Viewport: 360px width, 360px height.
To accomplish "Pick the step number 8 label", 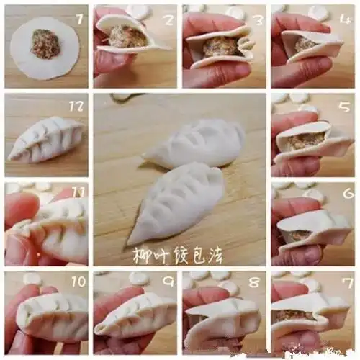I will [x=254, y=283].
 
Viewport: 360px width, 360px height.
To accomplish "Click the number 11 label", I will [x=78, y=193].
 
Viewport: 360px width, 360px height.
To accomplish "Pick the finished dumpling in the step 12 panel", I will [x=47, y=139].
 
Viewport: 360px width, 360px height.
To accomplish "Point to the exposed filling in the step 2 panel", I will [x=128, y=37].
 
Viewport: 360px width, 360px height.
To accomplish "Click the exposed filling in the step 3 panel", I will [x=220, y=47].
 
